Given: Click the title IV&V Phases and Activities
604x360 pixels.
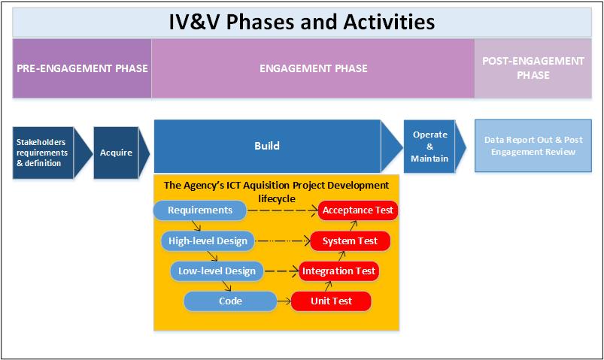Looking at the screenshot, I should tap(302, 21).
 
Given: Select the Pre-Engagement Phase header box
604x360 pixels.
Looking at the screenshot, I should tap(82, 68).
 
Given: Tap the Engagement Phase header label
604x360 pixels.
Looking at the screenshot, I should tap(313, 68).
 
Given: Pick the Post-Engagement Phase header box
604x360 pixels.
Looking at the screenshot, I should tap(533, 68).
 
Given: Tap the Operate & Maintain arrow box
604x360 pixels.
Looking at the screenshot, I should tap(430, 147).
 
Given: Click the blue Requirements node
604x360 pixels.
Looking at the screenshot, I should tap(200, 210).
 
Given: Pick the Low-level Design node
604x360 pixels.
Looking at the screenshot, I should tap(217, 271).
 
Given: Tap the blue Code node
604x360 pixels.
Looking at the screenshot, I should tap(230, 301).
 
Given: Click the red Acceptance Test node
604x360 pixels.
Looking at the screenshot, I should tap(357, 210).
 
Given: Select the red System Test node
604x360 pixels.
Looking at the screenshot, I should tap(349, 241).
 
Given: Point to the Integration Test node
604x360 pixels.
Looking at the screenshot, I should tap(338, 271).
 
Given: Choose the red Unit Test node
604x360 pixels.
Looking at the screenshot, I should tap(331, 301).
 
